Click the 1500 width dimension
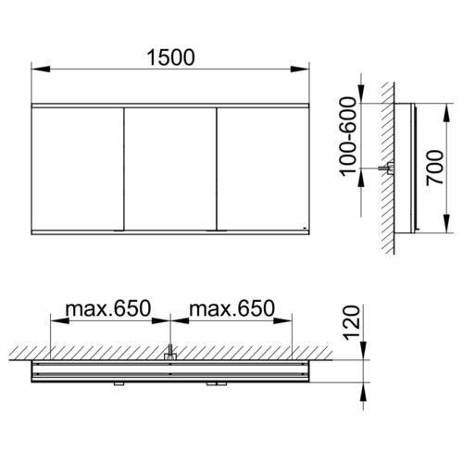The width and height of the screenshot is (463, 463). (170, 57)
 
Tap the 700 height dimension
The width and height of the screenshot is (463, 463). (434, 168)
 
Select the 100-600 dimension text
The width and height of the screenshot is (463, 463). (348, 137)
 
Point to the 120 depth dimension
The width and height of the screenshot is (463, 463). (352, 322)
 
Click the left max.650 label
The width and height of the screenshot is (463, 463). (108, 308)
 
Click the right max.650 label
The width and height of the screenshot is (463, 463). (231, 308)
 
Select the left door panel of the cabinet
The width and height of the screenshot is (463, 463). (78, 169)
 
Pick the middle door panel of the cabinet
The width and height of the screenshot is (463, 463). (170, 169)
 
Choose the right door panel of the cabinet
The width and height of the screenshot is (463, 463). (263, 169)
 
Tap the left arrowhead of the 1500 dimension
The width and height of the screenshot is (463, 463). (41, 69)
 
